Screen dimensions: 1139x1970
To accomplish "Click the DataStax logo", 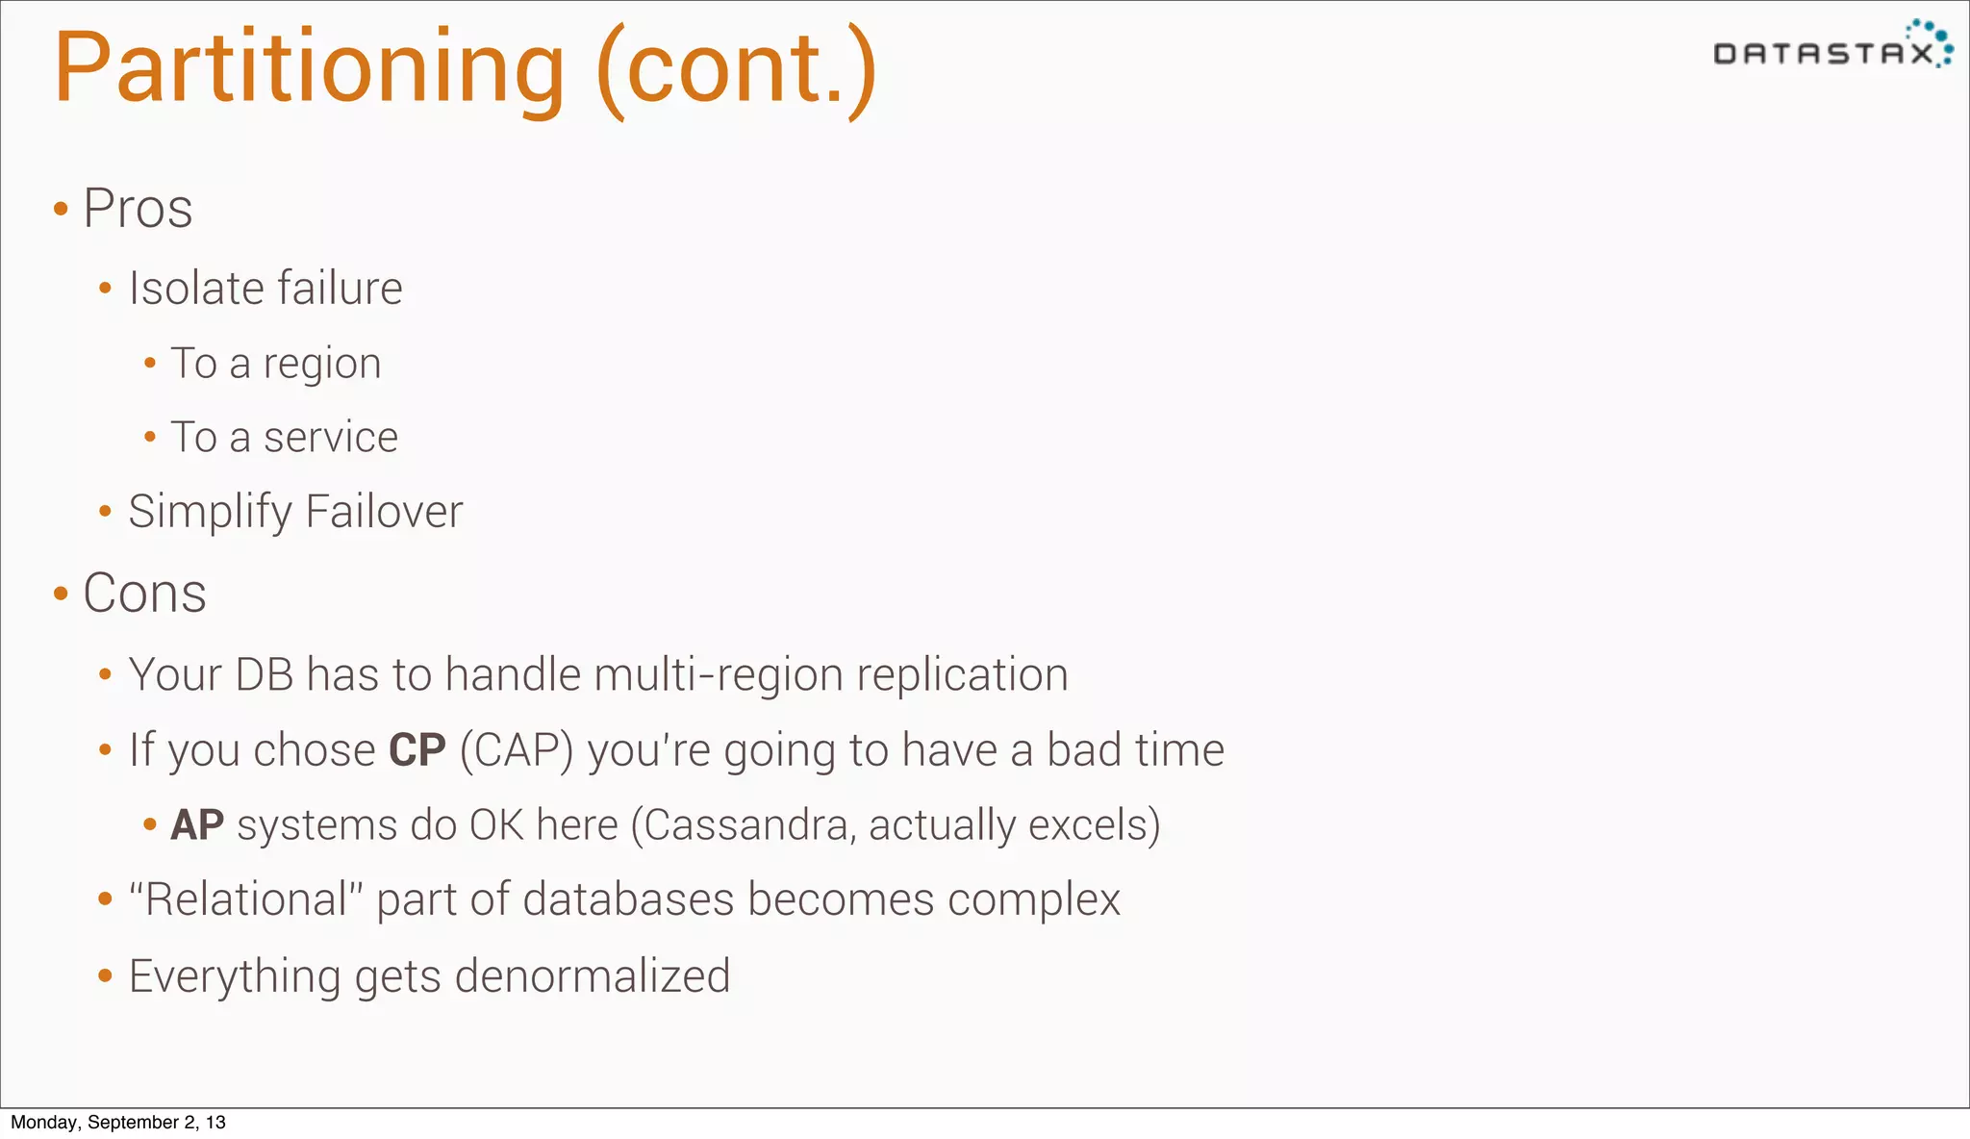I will coord(1832,46).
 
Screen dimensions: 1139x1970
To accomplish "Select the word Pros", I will coord(138,208).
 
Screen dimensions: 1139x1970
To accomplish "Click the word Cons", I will coord(144,593).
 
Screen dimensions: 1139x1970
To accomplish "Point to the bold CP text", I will coord(417,750).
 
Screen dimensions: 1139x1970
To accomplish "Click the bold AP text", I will coord(197,825).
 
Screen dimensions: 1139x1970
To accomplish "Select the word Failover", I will coord(384,512).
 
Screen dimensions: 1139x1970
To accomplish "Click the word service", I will coord(331,438).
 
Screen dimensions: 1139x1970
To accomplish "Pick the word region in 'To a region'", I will coord(322,365).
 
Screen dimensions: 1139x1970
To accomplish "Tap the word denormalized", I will coord(593,976).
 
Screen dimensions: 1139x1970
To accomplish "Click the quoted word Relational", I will coord(246,900).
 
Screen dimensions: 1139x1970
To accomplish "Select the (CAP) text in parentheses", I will coord(517,750).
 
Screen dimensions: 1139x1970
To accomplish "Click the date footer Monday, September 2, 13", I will coord(118,1123).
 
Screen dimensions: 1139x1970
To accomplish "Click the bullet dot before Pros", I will coord(61,209).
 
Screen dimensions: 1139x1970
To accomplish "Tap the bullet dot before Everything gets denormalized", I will coord(106,976).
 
